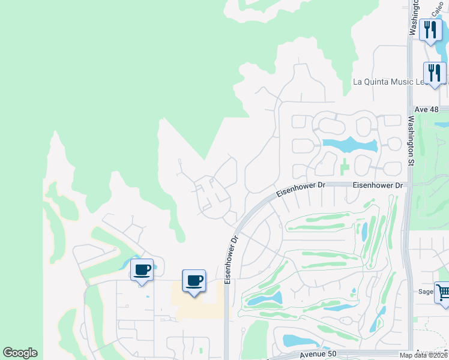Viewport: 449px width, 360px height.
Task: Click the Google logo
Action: coord(20,353)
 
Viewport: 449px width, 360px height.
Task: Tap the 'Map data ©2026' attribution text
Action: coord(424,355)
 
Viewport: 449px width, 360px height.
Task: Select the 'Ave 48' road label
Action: coord(427,110)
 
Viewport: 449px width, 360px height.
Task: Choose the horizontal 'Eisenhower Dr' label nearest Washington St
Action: coord(377,186)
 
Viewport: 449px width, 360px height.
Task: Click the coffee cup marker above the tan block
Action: coord(194,280)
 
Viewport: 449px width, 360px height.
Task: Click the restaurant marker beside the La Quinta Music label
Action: coord(434,73)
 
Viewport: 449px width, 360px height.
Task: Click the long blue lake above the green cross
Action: coord(349,145)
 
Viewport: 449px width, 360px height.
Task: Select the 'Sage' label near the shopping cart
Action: coord(425,293)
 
